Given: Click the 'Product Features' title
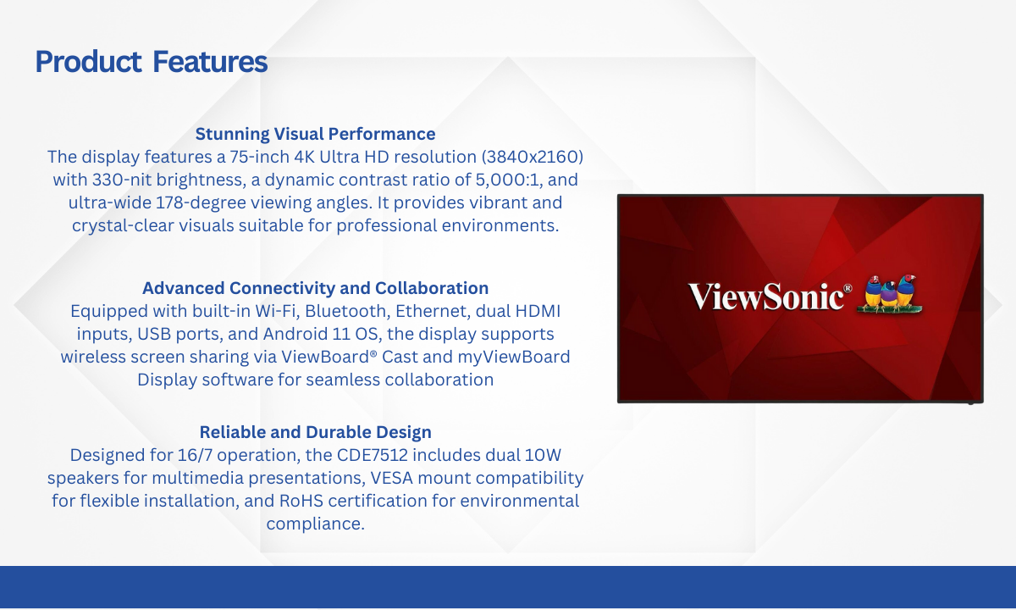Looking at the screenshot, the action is (x=151, y=62).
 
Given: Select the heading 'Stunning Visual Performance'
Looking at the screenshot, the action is (x=315, y=134).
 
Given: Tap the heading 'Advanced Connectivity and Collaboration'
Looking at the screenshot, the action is (x=315, y=288).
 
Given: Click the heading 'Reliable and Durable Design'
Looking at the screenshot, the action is (x=315, y=432).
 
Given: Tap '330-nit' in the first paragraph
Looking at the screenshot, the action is (x=122, y=180).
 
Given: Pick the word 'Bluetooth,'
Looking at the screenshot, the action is (x=347, y=312).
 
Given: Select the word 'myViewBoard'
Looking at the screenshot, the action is (x=513, y=358).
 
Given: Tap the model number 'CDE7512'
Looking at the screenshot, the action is (x=372, y=455).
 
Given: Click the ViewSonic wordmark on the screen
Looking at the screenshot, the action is (x=770, y=296).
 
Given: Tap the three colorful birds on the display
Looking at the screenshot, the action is (x=889, y=294).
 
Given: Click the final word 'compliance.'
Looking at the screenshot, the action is (x=315, y=524).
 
